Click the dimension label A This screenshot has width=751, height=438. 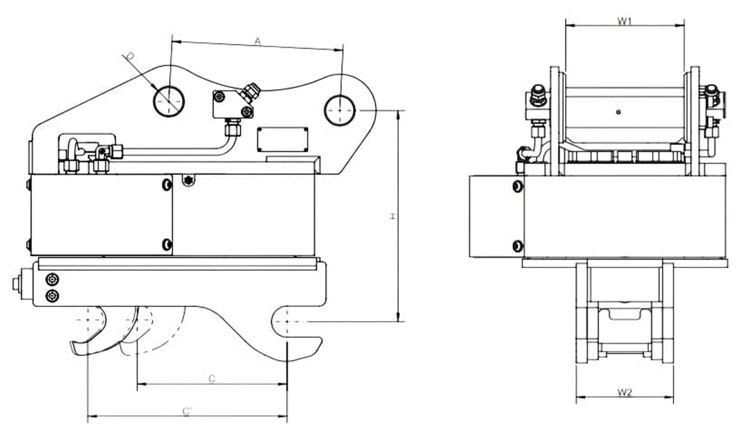coord(257,41)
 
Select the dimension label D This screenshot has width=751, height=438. coord(129,57)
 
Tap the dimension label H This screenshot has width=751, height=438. coord(392,216)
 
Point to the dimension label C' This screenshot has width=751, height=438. coord(187,410)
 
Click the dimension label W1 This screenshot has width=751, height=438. coord(624,21)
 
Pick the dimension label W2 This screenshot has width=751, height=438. coord(624,392)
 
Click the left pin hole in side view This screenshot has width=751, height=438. coord(169,101)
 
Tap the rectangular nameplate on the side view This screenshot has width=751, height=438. coord(282,139)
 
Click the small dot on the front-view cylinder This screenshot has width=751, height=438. coord(619,112)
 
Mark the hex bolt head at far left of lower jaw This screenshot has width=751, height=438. coord(17,282)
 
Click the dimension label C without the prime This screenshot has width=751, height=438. coord(211,379)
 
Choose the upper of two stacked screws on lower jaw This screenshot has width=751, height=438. coord(52,280)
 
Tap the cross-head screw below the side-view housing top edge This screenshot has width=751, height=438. coord(188,180)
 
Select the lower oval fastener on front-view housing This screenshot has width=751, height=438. coord(516,245)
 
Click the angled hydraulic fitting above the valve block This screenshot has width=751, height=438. coord(251,92)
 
